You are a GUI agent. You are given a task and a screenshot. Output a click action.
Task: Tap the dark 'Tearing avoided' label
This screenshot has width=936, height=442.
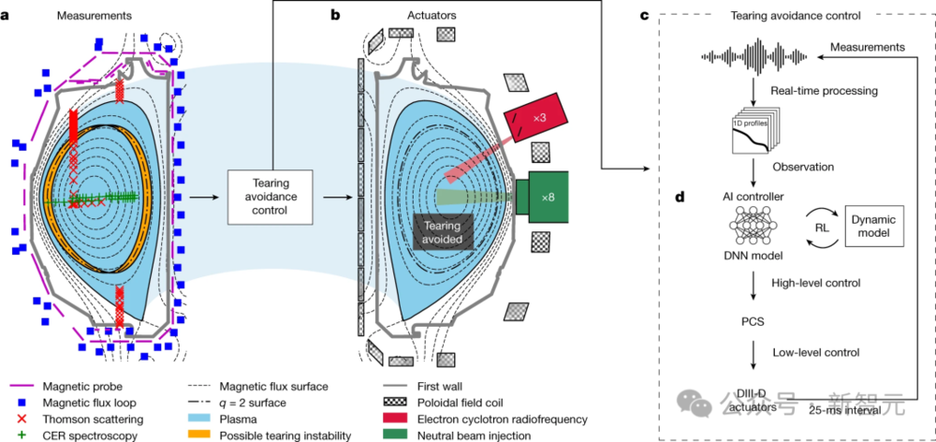coord(444,232)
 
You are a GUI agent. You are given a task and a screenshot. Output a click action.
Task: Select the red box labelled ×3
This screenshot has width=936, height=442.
coord(534,117)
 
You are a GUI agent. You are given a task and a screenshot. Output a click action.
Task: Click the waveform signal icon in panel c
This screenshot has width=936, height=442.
coord(754,57)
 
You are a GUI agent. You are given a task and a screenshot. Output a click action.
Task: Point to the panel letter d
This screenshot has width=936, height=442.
coord(680,197)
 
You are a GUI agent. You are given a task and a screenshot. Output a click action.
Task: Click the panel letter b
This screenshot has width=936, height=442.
coord(335,16)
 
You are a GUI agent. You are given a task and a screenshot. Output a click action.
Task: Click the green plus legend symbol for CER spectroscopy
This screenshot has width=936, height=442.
coord(24,435)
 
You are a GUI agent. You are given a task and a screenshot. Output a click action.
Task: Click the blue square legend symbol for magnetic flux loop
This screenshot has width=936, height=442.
coord(24,403)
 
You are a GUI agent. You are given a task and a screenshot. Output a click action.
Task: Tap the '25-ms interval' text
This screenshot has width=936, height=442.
coord(844,410)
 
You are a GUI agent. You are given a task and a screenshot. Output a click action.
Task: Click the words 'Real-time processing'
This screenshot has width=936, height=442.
coord(824,91)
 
